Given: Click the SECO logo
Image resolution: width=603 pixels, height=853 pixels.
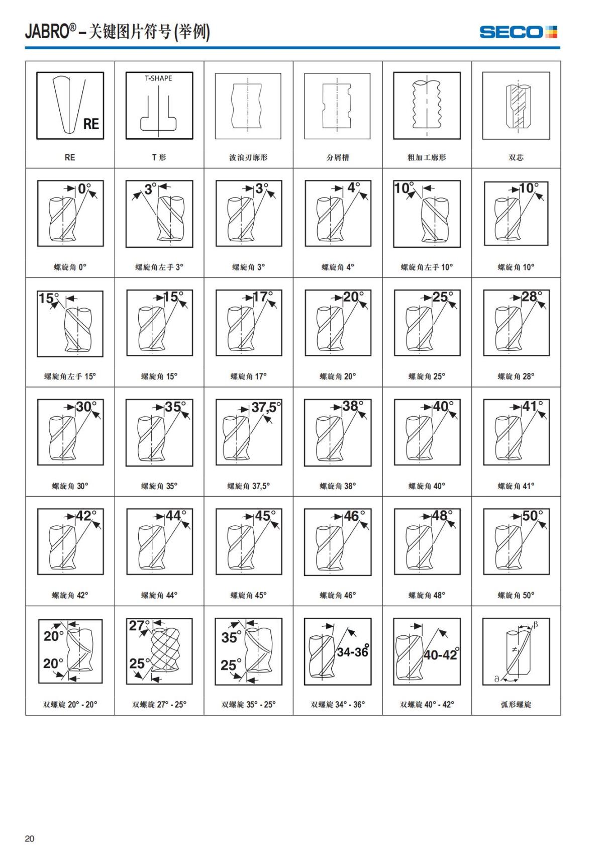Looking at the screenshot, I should [x=519, y=32].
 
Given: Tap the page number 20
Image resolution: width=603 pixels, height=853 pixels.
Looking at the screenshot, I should [x=30, y=838].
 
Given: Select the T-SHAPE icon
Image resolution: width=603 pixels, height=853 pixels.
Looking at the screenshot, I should [x=159, y=106].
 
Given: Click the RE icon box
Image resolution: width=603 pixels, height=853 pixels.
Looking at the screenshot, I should [x=70, y=106].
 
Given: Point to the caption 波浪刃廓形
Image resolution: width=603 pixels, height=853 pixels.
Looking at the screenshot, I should [x=248, y=157].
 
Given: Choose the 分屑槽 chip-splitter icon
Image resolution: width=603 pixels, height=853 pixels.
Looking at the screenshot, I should [x=338, y=106].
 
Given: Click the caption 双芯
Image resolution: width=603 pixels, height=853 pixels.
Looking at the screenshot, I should [x=516, y=157].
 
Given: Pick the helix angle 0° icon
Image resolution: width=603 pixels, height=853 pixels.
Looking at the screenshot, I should [x=70, y=214].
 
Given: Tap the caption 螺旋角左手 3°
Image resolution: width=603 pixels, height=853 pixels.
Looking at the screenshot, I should [x=159, y=267].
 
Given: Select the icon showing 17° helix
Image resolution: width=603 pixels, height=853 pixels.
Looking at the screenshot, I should [x=248, y=323].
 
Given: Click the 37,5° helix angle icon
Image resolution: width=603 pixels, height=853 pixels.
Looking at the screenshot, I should [x=248, y=432].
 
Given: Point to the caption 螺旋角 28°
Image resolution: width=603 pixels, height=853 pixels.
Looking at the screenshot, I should [x=516, y=376].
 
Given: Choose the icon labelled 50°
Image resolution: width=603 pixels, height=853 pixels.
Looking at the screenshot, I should [x=516, y=542].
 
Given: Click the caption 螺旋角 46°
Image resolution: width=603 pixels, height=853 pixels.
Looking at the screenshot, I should [x=338, y=595].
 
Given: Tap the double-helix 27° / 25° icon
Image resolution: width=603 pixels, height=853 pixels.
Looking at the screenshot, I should [x=159, y=651].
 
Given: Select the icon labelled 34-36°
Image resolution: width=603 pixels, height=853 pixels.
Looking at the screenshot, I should [x=338, y=651].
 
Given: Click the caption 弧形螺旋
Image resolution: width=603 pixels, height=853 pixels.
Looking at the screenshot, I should [x=516, y=705].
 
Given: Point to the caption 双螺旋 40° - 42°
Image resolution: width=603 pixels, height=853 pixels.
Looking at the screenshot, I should [x=427, y=705].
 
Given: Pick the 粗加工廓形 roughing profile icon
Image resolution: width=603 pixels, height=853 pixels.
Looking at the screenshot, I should [x=427, y=106].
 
